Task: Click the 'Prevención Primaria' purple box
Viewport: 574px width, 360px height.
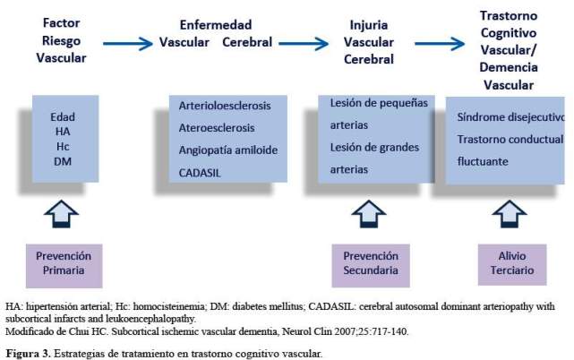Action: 64,266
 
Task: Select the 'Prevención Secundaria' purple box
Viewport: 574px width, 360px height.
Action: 371,265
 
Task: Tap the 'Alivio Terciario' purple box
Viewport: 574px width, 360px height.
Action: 512,264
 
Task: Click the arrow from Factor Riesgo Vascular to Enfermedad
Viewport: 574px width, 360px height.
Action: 128,44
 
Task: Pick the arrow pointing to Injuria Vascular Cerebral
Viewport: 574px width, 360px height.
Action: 304,44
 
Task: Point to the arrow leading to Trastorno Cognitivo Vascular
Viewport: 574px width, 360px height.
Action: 440,44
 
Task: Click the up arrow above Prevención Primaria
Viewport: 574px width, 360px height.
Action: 61,214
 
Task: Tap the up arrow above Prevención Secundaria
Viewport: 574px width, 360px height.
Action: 369,214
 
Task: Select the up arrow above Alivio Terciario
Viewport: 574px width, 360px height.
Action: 510,214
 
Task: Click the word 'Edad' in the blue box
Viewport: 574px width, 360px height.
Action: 63,116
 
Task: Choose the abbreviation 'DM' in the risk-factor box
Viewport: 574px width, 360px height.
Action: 63,161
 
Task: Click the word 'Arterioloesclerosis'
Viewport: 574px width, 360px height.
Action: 225,106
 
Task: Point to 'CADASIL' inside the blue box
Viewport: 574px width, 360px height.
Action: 200,173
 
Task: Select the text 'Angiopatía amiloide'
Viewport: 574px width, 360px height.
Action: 228,150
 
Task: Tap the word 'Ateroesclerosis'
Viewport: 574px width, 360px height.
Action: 217,128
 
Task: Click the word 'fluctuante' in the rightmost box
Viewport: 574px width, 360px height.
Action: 483,161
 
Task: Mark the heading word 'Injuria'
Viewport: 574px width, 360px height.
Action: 369,25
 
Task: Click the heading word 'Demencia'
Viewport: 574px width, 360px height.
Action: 509,67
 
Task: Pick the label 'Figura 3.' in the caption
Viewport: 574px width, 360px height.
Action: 28,354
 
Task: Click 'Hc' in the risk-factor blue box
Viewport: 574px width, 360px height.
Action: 63,147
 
